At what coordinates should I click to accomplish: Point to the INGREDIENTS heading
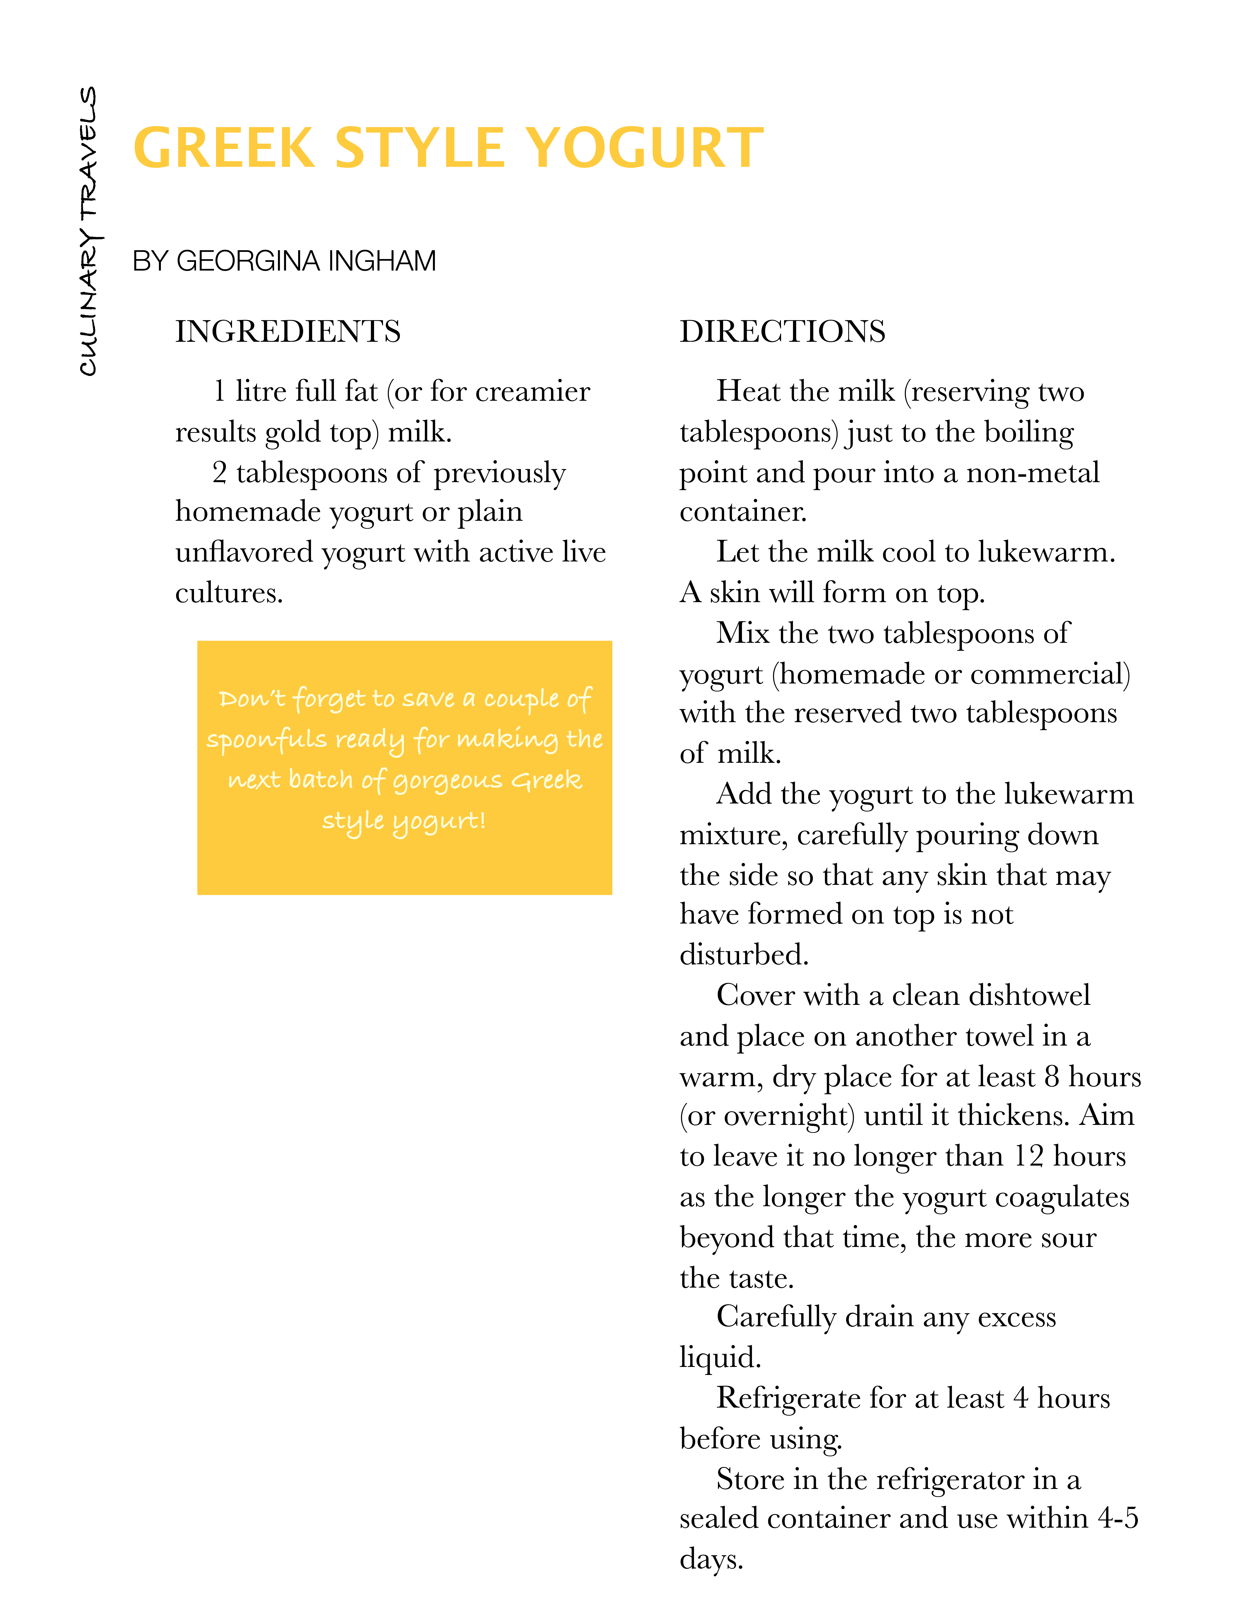288,331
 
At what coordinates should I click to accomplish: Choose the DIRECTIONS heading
782,331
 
